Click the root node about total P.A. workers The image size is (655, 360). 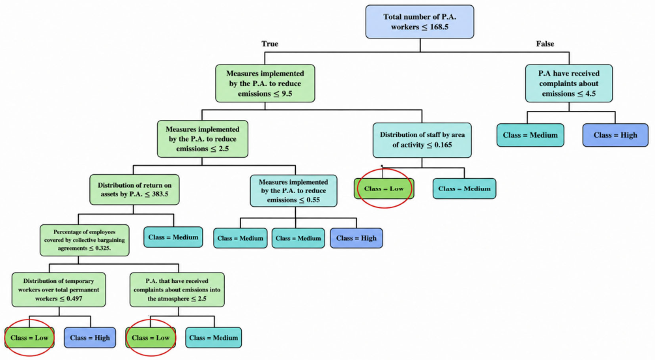420,22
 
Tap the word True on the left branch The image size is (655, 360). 270,44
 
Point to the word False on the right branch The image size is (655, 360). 545,44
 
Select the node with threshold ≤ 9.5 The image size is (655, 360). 265,83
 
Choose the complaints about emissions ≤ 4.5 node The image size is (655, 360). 569,83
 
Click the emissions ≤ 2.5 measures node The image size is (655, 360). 203,139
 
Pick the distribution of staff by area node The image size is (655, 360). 422,140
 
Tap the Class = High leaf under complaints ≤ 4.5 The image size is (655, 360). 615,135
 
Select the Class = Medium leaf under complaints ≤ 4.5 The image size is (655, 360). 530,135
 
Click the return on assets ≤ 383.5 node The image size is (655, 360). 134,189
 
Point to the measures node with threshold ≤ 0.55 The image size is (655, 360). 293,190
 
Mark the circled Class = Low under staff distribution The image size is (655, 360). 384,188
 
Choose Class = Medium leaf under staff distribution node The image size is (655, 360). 464,188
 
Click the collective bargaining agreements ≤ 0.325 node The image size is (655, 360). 84,240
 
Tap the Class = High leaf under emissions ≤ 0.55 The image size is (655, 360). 357,238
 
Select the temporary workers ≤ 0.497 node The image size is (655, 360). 59,290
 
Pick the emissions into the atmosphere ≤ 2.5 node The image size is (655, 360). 177,290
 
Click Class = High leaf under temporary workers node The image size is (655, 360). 90,338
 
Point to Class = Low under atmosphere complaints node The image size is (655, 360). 151,338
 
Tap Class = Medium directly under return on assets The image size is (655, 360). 173,237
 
